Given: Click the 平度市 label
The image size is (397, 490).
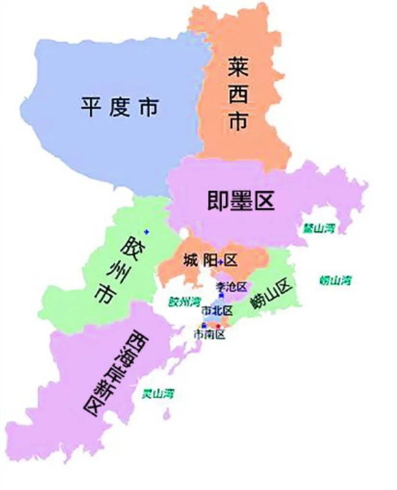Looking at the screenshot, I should click(119, 106).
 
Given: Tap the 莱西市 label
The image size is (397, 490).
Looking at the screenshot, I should click(238, 96).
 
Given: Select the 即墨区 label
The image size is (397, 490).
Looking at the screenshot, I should click(241, 201).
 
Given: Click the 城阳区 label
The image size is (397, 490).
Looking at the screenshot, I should click(210, 261).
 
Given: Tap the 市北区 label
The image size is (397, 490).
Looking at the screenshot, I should click(217, 309).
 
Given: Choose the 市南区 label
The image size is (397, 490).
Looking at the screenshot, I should click(209, 334).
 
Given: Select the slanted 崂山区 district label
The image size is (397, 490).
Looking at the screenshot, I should click(271, 295).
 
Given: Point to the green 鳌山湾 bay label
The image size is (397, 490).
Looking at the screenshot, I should click(319, 228).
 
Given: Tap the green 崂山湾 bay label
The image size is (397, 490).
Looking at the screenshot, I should click(335, 280).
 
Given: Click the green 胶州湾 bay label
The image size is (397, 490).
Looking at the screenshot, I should click(184, 302).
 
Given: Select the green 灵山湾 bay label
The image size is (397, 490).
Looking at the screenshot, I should click(157, 393).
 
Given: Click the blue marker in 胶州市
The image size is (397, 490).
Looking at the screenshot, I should click(146, 232).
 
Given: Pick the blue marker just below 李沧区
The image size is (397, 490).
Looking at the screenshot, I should click(221, 295).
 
